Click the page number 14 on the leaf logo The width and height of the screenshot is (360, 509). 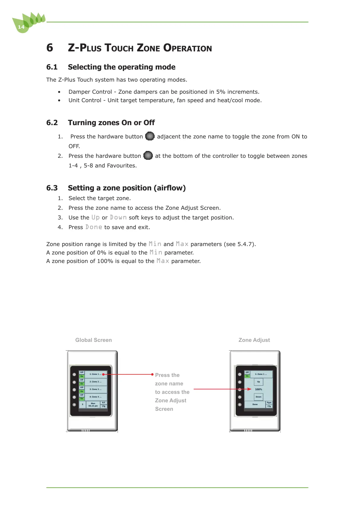pos(21,27)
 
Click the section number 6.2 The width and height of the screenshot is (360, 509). pos(52,123)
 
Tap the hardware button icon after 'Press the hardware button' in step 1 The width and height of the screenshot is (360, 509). pos(150,136)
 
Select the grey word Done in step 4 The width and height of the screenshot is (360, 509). pos(94,227)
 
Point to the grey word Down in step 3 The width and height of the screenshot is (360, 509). pos(118,218)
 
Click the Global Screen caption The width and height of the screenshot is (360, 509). pos(93,340)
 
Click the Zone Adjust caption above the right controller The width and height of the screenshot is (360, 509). pos(254,340)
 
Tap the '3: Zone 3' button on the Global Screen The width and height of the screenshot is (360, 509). pos(96,389)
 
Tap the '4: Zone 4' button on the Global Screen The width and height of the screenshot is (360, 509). pos(96,397)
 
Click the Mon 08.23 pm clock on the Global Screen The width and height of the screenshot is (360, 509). pos(93,405)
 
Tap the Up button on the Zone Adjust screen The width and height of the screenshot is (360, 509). pos(258,382)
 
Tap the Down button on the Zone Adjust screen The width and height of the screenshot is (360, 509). pos(258,397)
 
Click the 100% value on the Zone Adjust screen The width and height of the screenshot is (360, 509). pos(259,389)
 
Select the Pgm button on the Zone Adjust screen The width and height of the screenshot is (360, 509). pos(269,403)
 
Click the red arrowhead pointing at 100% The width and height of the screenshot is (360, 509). pos(249,389)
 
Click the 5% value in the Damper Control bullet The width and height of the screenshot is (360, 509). pos(221,92)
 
